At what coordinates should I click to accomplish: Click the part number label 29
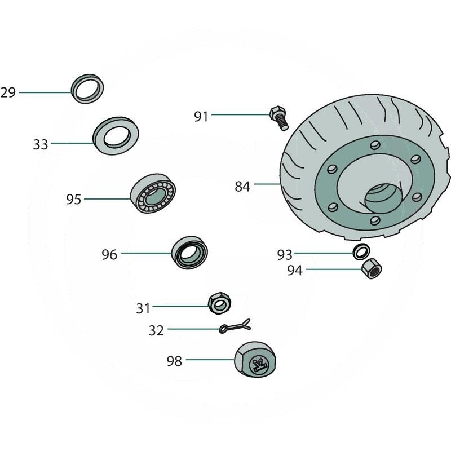[8, 92]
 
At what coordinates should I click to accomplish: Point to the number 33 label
[40, 144]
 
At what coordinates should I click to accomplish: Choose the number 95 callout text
[74, 200]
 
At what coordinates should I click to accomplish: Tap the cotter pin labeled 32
[235, 326]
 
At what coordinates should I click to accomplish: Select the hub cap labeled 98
[255, 360]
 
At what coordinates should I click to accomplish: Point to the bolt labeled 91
[279, 118]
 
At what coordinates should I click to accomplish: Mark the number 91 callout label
[201, 117]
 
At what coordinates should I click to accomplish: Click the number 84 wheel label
[242, 187]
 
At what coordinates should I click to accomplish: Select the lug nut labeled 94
[372, 268]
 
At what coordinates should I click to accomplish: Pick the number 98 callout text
[174, 361]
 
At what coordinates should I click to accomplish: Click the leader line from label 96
[146, 253]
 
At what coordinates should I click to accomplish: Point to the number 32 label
[156, 330]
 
